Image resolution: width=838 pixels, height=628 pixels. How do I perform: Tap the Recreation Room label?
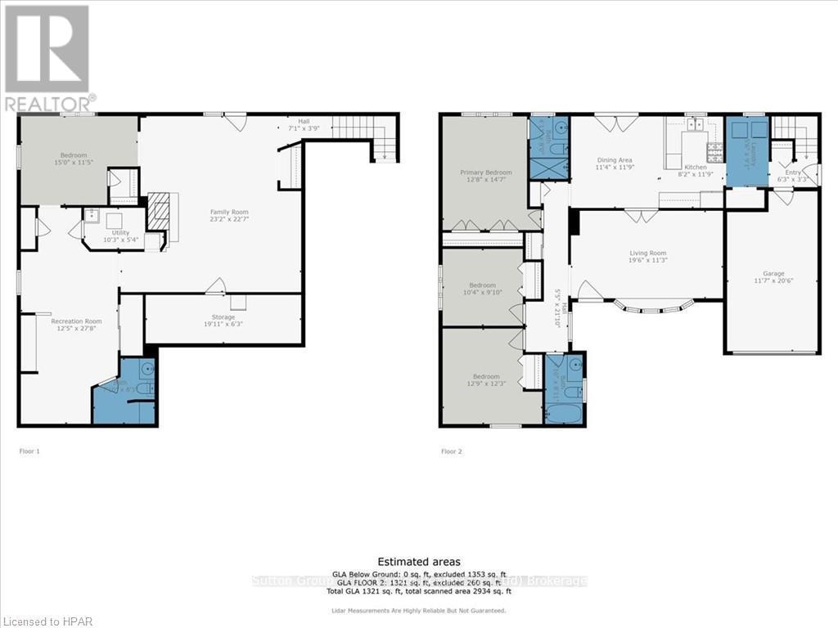pyautogui.click(x=76, y=321)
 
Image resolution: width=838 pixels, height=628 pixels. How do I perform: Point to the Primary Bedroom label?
pyautogui.click(x=485, y=173)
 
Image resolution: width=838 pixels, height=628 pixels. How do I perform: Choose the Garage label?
pyautogui.click(x=773, y=273)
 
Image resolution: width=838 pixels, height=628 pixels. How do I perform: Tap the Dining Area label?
pyautogui.click(x=613, y=160)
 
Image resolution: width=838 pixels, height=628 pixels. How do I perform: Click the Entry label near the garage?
pyautogui.click(x=793, y=173)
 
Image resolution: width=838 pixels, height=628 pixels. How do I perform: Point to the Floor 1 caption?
pyautogui.click(x=29, y=451)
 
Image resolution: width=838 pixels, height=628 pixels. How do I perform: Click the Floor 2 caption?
pyautogui.click(x=451, y=451)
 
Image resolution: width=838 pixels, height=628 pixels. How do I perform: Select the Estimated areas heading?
pyautogui.click(x=418, y=562)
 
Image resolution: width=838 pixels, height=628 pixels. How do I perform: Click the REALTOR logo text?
pyautogui.click(x=49, y=103)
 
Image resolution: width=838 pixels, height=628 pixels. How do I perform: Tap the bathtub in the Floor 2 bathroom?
pyautogui.click(x=564, y=412)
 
